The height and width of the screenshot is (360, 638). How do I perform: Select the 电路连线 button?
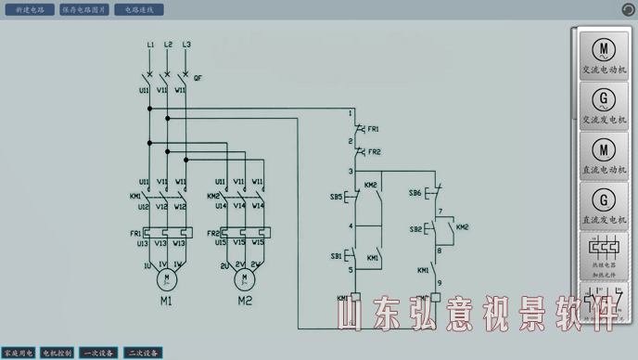[x=138, y=9]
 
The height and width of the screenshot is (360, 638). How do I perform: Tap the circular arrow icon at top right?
[x=628, y=9]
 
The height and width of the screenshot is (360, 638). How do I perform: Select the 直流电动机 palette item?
[x=604, y=154]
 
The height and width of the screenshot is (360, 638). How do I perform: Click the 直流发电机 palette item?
[x=604, y=204]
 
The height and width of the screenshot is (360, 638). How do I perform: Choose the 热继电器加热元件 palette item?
[x=604, y=254]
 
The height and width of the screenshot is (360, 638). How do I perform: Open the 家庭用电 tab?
[x=18, y=353]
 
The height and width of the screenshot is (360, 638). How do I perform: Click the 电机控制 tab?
[x=57, y=353]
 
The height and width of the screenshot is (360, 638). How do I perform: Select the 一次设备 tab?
[x=98, y=353]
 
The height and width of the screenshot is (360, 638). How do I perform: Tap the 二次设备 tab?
[x=143, y=353]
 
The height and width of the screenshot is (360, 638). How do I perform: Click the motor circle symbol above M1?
[x=167, y=277]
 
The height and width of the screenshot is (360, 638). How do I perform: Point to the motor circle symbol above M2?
[x=245, y=277]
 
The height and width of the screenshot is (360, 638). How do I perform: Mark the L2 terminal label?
[x=168, y=45]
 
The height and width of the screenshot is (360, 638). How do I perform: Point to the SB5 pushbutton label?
[x=335, y=198]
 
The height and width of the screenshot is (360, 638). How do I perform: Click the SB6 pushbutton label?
[x=415, y=192]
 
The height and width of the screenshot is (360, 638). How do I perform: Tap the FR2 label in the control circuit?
[x=374, y=151]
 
